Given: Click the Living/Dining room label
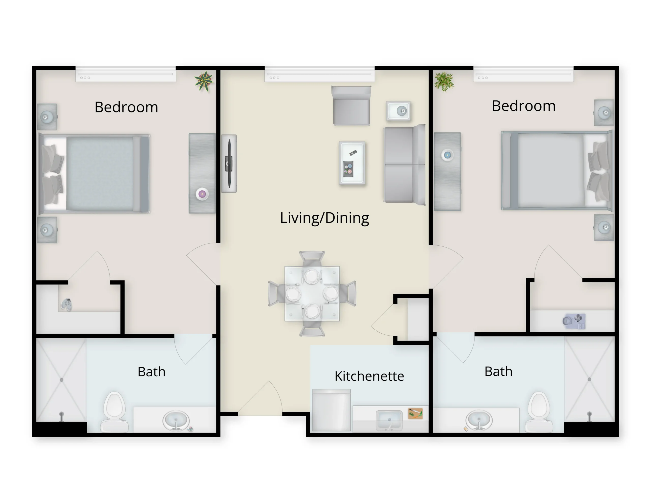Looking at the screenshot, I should (x=324, y=218).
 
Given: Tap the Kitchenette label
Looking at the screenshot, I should (x=369, y=376).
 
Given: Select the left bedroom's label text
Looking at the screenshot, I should (x=126, y=107).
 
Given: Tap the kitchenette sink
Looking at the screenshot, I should (x=389, y=420).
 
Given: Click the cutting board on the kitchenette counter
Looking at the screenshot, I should (x=415, y=413).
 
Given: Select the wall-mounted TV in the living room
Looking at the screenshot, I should (x=229, y=164).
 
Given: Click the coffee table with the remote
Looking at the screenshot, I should (x=352, y=163).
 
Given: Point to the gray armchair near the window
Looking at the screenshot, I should (x=351, y=106).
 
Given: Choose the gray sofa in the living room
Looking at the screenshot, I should (x=404, y=165).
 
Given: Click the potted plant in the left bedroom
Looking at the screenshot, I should (x=204, y=81).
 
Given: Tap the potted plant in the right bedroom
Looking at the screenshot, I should (x=444, y=81).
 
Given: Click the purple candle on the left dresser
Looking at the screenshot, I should (x=202, y=194).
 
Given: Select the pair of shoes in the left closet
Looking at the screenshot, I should (x=66, y=304).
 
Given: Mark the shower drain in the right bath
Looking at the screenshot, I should (x=589, y=379).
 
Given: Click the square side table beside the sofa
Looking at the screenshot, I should (x=398, y=111).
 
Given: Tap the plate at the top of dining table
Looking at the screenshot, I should (x=312, y=276).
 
